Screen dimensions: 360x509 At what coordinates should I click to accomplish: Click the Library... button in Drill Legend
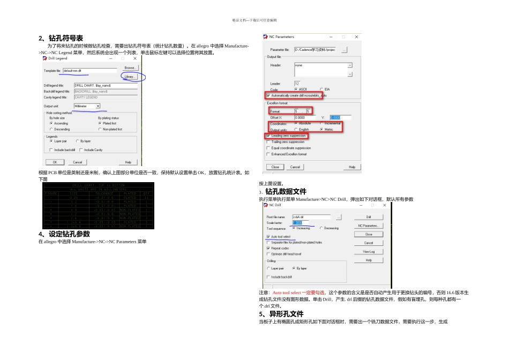(x=130, y=77)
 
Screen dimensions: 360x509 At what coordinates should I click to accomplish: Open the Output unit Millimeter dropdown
(x=98, y=106)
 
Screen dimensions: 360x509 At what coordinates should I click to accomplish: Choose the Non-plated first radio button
(x=100, y=129)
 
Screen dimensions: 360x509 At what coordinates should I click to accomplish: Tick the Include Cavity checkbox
(x=81, y=150)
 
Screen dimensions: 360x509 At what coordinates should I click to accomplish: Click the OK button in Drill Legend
(x=54, y=162)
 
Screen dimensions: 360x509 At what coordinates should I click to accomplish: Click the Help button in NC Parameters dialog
(x=351, y=167)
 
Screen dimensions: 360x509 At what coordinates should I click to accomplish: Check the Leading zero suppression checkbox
(x=268, y=136)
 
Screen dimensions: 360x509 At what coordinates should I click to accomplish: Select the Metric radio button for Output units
(x=321, y=130)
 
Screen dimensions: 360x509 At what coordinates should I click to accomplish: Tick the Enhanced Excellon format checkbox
(x=268, y=154)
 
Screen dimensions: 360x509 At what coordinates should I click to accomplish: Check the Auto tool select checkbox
(x=268, y=236)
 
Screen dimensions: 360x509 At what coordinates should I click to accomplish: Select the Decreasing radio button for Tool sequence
(x=321, y=228)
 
